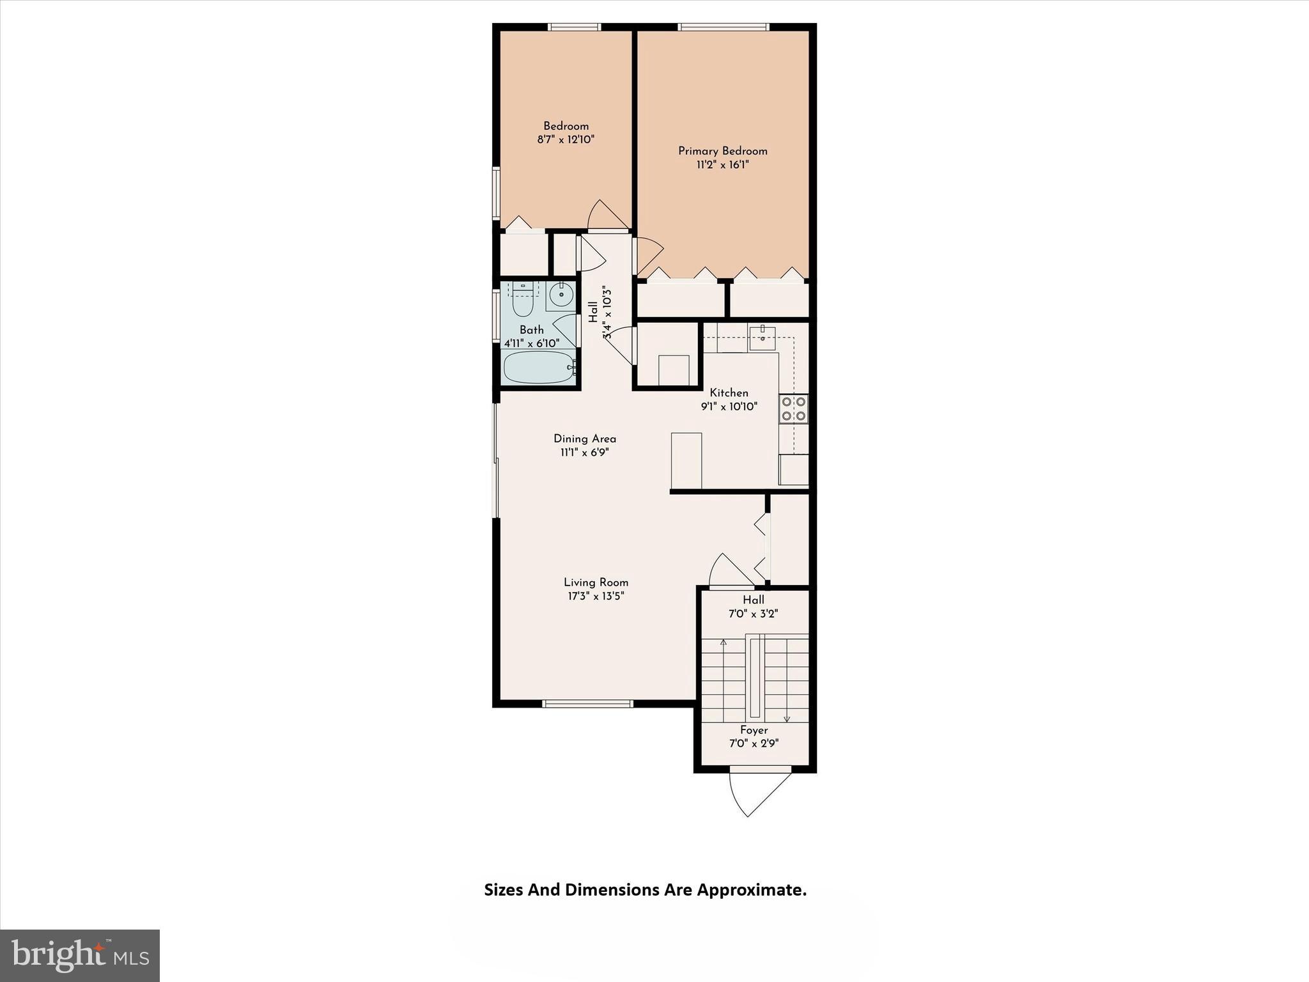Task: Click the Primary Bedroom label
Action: pos(722,151)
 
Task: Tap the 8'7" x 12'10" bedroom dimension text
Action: pos(566,139)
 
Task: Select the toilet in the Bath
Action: pos(523,301)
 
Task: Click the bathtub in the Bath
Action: pos(539,368)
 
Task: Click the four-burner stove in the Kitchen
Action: pos(793,409)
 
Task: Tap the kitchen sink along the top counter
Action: pos(762,338)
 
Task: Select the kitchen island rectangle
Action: pos(686,460)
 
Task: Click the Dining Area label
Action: pos(584,439)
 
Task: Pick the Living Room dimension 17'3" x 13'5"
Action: pos(596,596)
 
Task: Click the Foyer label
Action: pos(754,730)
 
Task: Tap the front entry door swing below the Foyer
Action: pos(757,793)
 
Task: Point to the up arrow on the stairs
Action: pos(724,642)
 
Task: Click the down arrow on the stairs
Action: pos(787,717)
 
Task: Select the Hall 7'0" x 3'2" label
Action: pos(753,607)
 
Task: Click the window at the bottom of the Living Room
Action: pos(587,704)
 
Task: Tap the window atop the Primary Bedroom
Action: pos(723,27)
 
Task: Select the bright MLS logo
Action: pos(80,956)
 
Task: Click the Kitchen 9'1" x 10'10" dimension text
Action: pos(729,407)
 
